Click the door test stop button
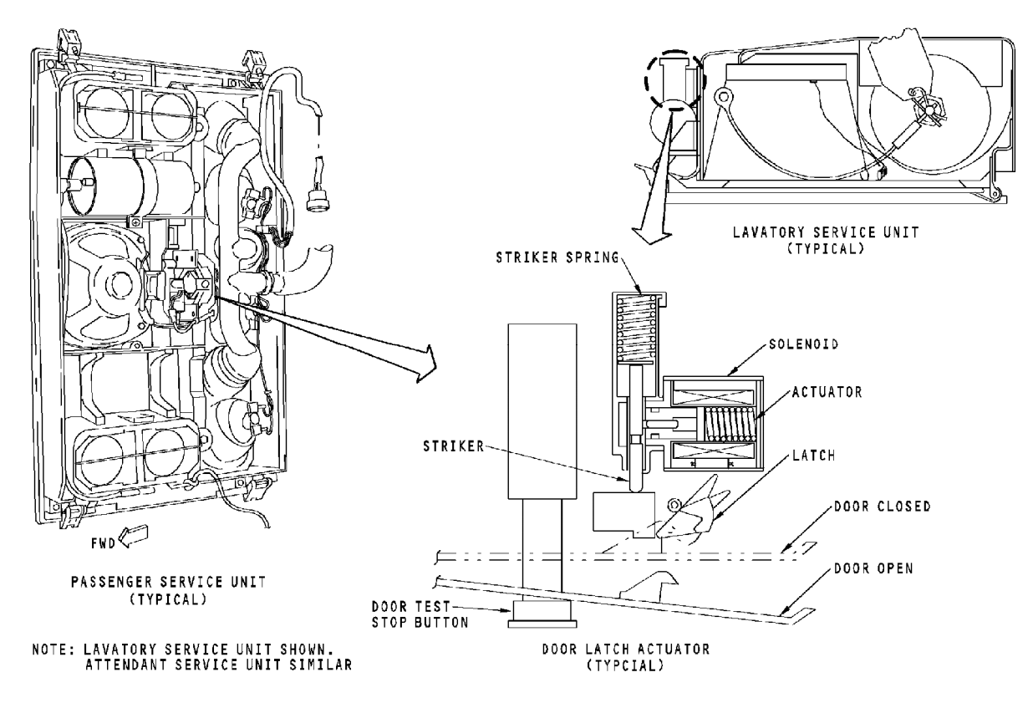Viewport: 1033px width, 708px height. pos(542,614)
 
